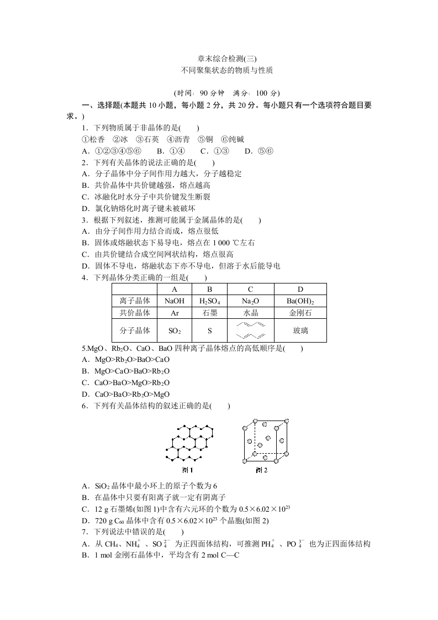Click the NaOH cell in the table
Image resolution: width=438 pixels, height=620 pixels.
tap(174, 301)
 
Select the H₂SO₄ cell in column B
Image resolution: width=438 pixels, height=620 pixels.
tap(209, 301)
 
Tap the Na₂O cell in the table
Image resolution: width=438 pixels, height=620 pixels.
tap(250, 301)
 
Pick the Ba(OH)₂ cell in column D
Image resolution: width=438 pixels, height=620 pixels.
tap(300, 301)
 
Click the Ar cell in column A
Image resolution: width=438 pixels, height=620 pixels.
tap(174, 313)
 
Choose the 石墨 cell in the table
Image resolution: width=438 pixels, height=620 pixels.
tap(209, 313)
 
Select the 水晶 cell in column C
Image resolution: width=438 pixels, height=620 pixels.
tap(250, 313)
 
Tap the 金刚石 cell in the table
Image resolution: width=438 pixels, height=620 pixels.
tap(300, 313)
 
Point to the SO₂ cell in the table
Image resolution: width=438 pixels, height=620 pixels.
tap(174, 331)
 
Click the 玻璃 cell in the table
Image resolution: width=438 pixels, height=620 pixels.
tap(300, 331)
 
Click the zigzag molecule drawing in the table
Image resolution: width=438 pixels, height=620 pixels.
tap(250, 330)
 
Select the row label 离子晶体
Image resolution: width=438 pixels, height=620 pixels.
tap(135, 301)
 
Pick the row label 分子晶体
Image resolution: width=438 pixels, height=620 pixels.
tap(135, 331)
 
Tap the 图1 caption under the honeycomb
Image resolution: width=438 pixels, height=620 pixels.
tap(188, 470)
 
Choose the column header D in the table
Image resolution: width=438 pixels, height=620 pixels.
tap(300, 290)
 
